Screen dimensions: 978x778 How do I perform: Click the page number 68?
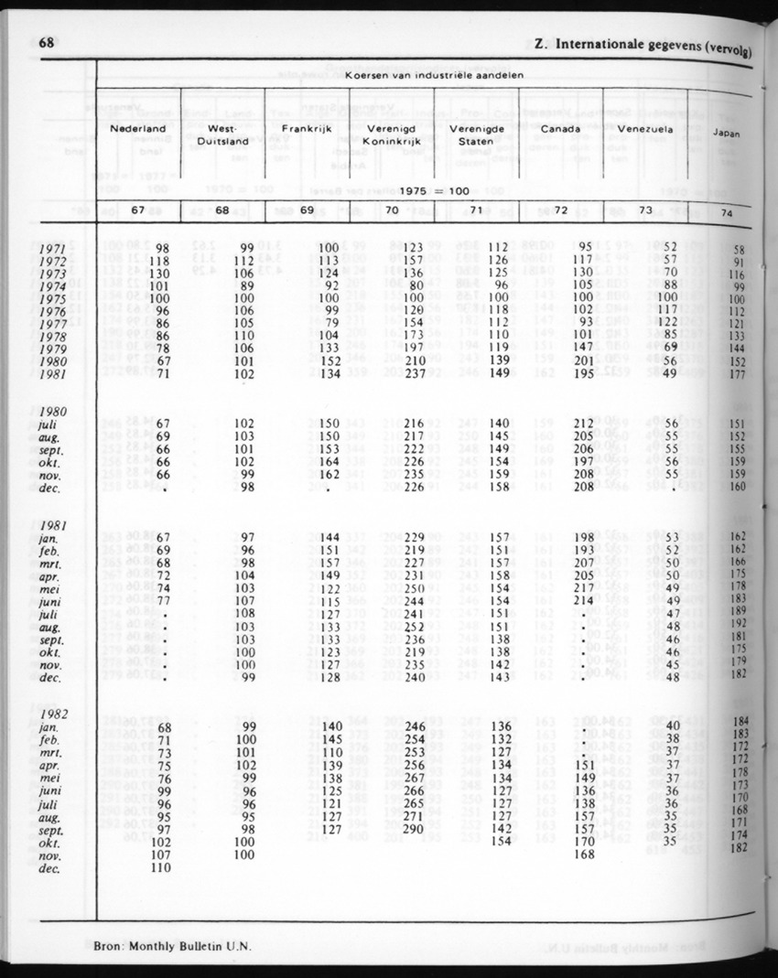(49, 41)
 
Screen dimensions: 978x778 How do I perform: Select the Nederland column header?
(138, 129)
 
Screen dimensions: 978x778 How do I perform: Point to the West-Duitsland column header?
(223, 135)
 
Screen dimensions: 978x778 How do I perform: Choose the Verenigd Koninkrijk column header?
(390, 135)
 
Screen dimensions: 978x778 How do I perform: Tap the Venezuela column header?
(645, 129)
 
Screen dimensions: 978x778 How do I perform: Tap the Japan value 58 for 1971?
(738, 250)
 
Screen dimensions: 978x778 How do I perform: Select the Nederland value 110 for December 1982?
(161, 868)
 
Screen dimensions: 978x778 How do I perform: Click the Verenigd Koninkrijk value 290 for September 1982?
(415, 829)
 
